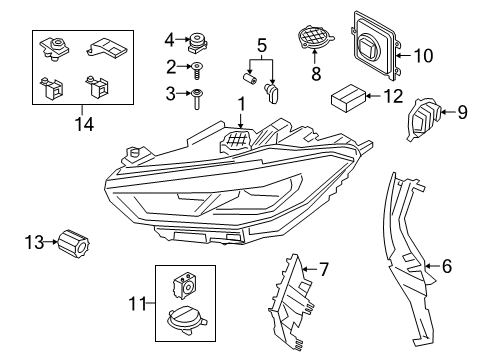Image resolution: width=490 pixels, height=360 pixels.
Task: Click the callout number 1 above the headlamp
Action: point(240,105)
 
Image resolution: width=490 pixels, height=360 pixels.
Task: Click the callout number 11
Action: point(139,303)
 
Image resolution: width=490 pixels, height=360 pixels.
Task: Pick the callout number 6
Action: point(447,267)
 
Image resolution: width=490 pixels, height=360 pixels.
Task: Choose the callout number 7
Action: point(323,269)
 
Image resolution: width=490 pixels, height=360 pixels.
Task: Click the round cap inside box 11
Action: point(186,319)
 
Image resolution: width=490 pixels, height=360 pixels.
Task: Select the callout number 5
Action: point(262,45)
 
